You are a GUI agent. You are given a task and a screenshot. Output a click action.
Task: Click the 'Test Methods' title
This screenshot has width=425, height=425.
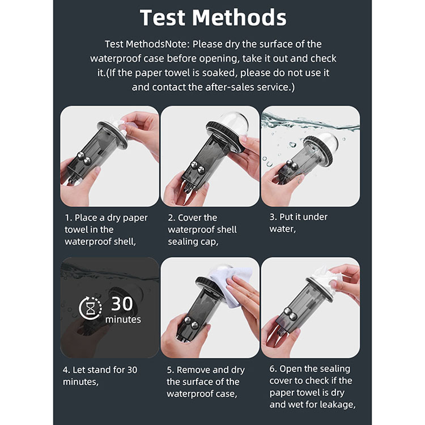[213, 18]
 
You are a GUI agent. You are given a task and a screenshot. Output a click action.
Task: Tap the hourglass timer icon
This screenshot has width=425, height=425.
[91, 308]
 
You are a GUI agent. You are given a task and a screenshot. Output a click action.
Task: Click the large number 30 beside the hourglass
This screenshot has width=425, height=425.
[122, 304]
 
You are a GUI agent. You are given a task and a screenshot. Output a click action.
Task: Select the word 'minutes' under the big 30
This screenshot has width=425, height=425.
[123, 320]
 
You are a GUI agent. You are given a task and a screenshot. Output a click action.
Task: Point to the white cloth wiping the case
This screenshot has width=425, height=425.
[232, 285]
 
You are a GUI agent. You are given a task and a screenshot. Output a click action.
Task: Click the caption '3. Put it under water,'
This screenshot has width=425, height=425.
[299, 223]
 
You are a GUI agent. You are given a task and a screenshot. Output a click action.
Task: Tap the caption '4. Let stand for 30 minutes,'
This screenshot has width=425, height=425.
[100, 376]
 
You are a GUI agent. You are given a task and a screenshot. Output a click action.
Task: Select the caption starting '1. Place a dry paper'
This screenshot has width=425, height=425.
[106, 229]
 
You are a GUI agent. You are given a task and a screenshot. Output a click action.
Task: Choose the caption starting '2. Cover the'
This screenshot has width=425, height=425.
[202, 229]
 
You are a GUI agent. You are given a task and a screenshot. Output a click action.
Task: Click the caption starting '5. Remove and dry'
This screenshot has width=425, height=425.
[206, 381]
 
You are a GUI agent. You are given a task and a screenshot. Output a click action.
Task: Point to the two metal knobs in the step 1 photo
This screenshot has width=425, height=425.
[84, 158]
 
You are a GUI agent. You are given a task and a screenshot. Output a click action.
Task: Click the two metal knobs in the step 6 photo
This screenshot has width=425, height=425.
[291, 314]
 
